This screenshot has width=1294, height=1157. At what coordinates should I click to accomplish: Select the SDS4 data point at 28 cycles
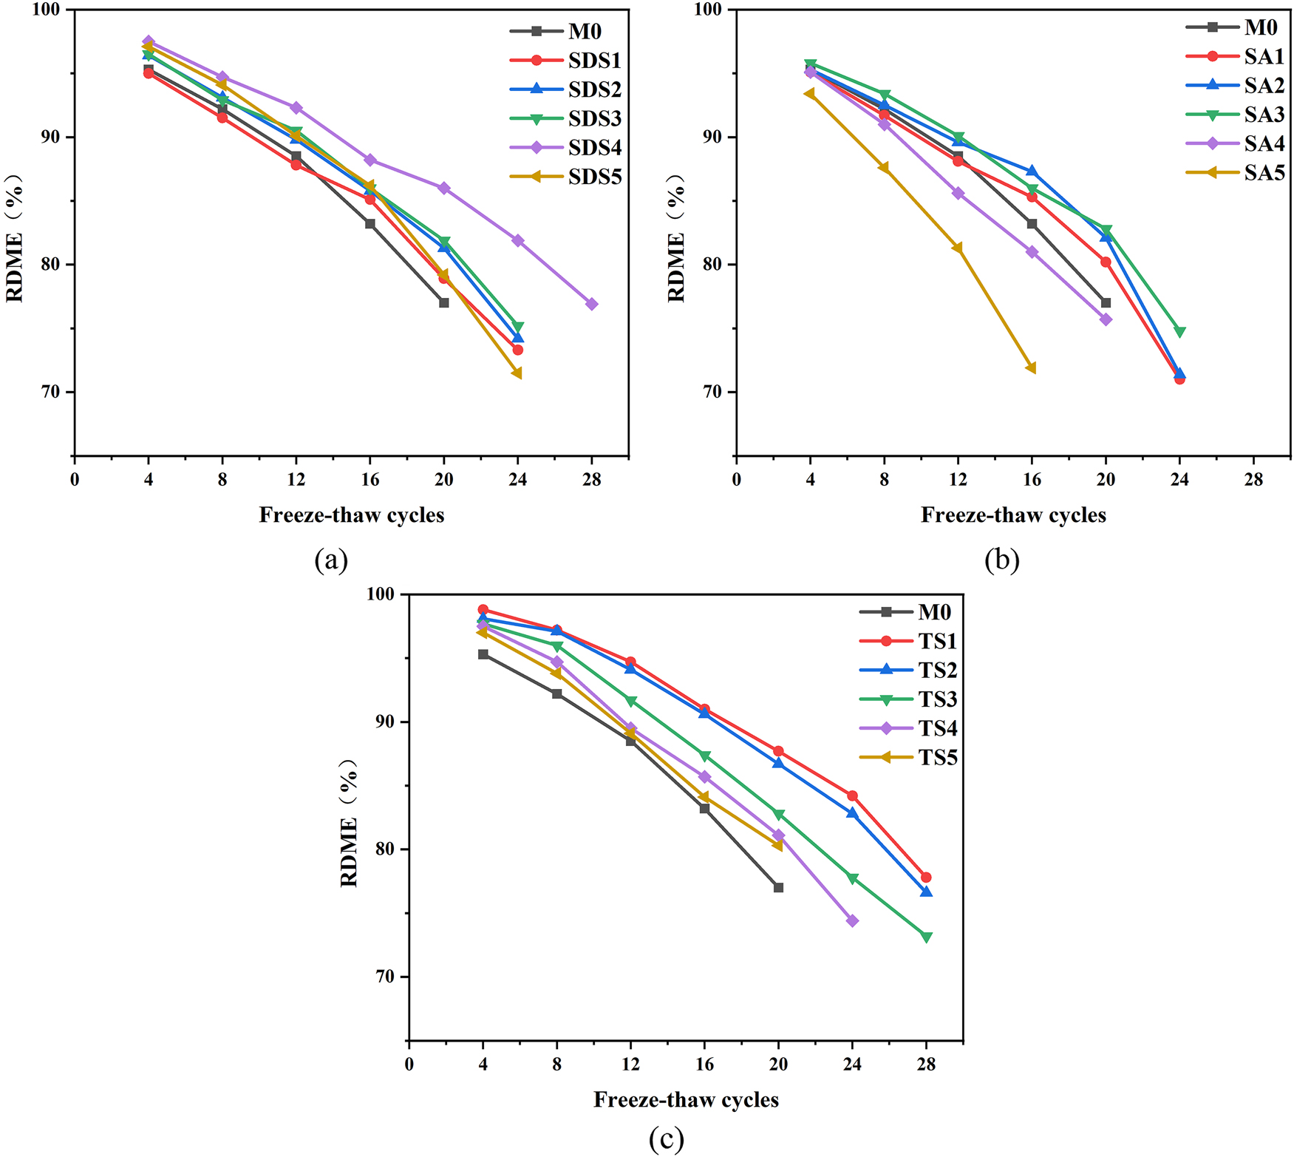(x=591, y=304)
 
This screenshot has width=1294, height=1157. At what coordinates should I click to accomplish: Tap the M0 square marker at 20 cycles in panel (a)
(x=443, y=302)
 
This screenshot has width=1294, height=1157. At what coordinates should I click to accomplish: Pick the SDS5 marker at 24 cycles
(x=517, y=373)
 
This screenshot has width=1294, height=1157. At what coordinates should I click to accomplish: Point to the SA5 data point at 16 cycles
(x=1031, y=368)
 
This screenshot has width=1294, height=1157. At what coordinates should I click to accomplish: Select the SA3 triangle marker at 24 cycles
(x=1179, y=332)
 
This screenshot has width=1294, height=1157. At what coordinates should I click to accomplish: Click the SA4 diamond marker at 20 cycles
(x=1106, y=319)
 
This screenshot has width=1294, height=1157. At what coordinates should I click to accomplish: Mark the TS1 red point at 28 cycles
(x=926, y=878)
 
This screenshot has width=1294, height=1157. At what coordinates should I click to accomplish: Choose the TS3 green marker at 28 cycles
(x=926, y=937)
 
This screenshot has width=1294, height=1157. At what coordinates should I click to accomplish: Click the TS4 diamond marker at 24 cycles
(x=852, y=920)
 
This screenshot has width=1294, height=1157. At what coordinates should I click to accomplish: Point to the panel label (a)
(x=330, y=560)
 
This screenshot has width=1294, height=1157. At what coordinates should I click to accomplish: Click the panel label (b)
(x=1001, y=560)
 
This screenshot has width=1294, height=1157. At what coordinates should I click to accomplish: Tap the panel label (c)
(x=666, y=1139)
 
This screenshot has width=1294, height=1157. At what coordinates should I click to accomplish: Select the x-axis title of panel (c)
(x=686, y=1100)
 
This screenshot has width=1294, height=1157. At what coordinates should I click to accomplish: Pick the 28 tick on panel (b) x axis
(x=1253, y=480)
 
